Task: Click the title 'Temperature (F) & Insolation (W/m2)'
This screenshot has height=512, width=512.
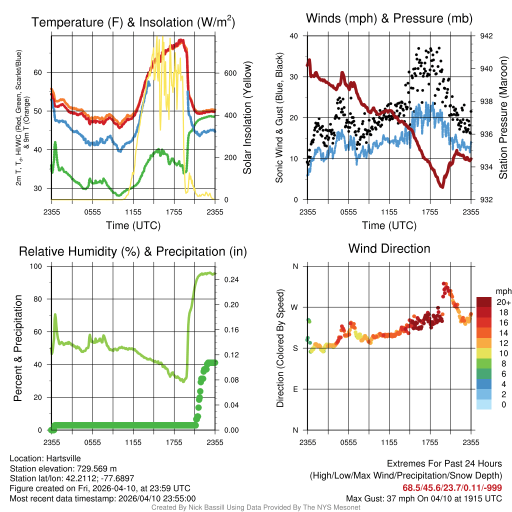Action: coord(133,22)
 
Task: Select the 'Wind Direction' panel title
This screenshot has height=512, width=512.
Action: coord(389,248)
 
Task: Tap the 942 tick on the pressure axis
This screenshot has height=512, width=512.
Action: coord(486,36)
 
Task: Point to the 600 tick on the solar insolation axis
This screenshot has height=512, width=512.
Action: coord(229,72)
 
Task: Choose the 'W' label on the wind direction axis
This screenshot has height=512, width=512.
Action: coord(295,307)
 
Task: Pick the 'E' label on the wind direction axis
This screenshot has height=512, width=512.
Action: coord(295,389)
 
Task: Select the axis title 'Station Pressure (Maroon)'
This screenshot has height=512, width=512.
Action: coord(503,118)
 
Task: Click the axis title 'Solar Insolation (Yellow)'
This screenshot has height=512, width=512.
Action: coord(247,118)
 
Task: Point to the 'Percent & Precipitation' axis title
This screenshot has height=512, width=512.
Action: coord(18,348)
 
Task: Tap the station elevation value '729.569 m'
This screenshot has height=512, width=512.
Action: coord(96,468)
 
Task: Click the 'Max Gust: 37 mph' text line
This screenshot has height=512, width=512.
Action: coord(424,498)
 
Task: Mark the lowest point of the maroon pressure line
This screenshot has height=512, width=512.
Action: coord(441,186)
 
